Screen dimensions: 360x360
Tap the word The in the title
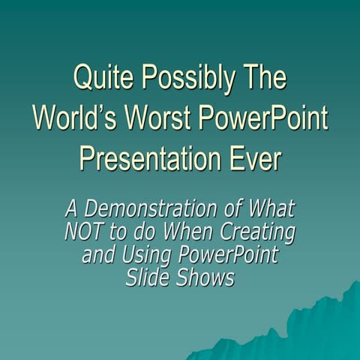[x=262, y=78]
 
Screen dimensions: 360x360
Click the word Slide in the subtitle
[x=148, y=277]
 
